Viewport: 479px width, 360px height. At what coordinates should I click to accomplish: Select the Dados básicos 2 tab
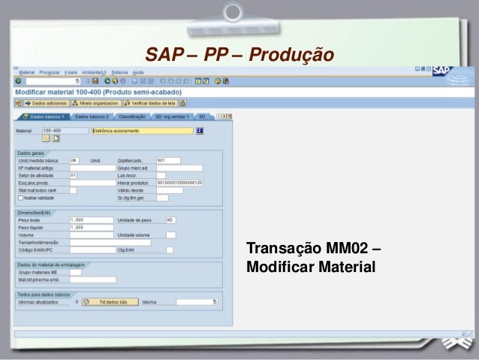[x=92, y=117]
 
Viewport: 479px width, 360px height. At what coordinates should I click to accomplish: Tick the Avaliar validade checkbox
[x=21, y=198]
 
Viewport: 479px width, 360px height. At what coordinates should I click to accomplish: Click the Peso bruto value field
[x=84, y=219]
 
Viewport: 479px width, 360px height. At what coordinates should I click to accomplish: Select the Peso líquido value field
[x=84, y=226]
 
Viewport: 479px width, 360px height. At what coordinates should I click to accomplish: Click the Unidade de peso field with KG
[x=170, y=219]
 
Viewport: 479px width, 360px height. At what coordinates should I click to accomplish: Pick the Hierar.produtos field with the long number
[x=179, y=183]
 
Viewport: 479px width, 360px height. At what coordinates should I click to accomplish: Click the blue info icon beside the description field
[x=200, y=130]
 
